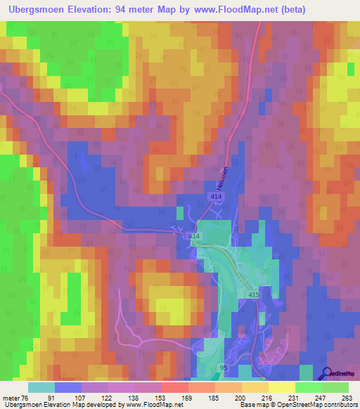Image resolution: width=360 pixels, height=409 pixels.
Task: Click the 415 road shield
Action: (x=253, y=296)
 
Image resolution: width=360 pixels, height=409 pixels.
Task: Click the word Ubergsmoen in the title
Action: (x=45, y=9)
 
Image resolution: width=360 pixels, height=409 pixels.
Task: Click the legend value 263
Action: (x=347, y=398)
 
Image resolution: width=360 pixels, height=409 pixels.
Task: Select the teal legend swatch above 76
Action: (x=41, y=387)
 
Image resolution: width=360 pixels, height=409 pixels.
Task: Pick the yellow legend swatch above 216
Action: (x=255, y=387)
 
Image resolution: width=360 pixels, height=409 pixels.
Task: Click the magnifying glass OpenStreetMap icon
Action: (x=327, y=374)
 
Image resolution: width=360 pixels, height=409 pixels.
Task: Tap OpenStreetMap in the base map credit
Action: (x=302, y=405)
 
